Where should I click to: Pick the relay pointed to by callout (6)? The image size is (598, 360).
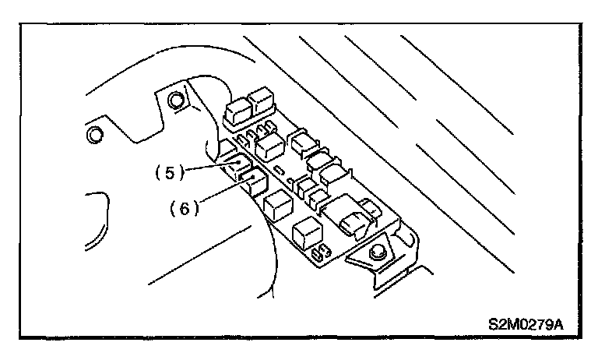pos(254,184)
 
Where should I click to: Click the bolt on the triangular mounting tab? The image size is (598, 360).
pos(377,253)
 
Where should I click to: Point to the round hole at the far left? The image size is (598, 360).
pos(96,135)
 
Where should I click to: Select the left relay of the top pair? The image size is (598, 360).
pos(236,108)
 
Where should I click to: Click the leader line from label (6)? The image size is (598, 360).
pos(222,192)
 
